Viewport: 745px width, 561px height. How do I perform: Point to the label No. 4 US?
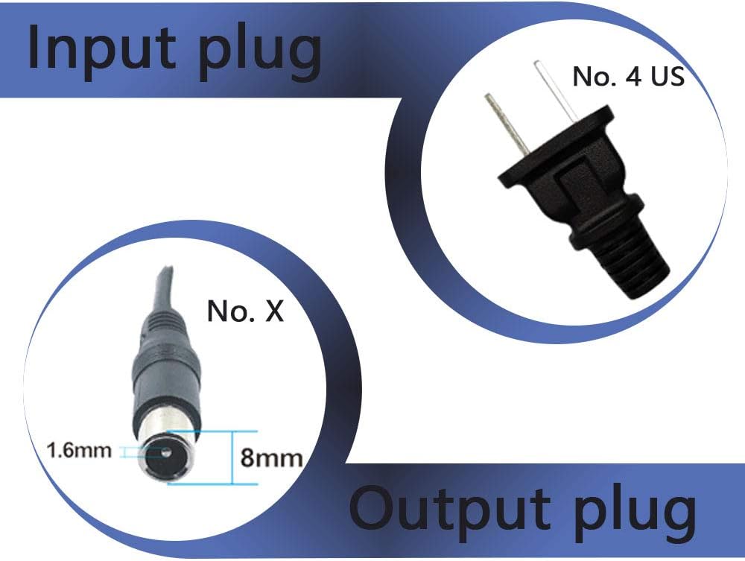pos(627,76)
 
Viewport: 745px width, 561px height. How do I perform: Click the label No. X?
pos(245,311)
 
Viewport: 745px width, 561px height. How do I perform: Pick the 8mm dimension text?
pos(271,456)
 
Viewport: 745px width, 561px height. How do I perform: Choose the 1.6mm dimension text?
pos(78,450)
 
